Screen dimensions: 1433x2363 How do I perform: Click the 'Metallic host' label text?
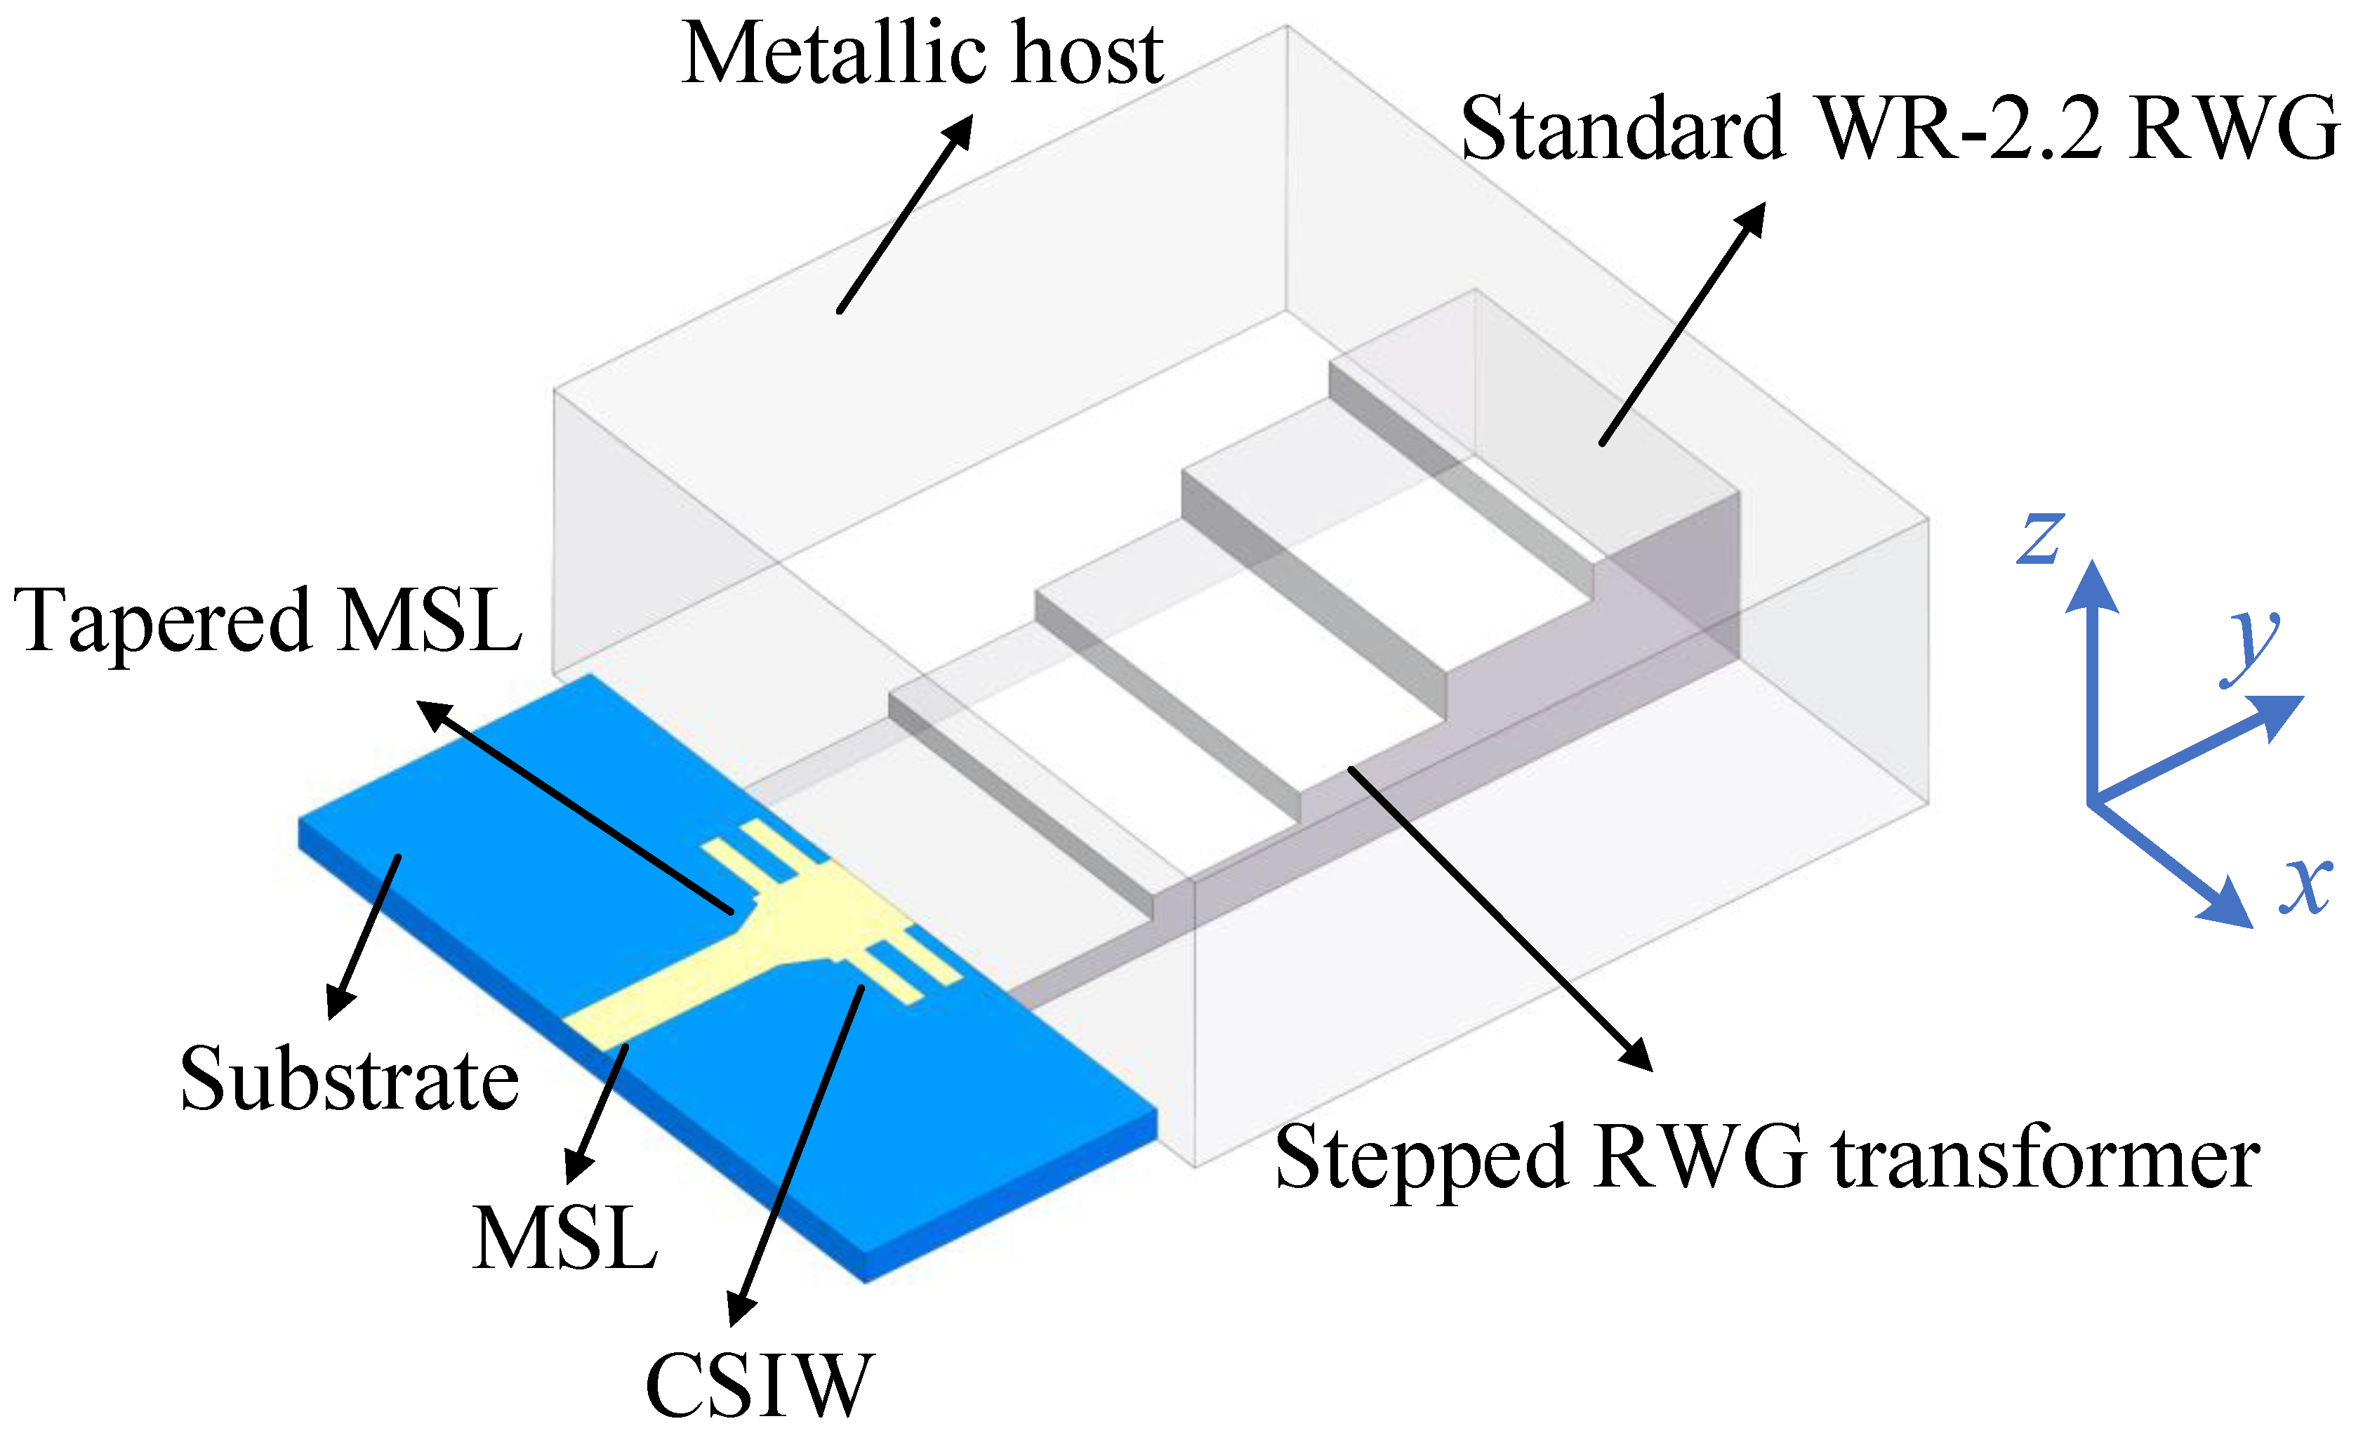(x=922, y=55)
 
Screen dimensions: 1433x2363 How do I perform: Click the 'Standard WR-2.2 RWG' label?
(x=1899, y=129)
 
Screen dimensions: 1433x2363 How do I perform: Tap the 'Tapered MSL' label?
(x=268, y=621)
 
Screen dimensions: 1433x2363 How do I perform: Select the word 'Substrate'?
(x=350, y=1081)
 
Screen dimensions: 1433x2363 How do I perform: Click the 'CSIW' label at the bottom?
(x=760, y=1385)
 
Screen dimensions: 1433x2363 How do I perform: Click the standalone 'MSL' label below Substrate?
(x=566, y=1239)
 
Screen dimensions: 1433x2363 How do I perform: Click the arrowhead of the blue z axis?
(x=2091, y=587)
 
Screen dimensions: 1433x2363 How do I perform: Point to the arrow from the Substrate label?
(x=364, y=935)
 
